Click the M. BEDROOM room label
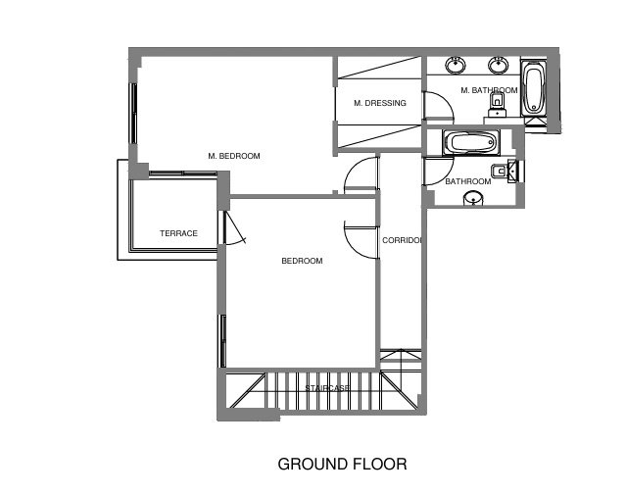point(234,156)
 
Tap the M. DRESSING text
point(380,103)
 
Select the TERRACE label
point(178,233)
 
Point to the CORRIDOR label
point(402,240)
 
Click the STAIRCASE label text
point(327,388)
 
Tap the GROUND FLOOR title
point(342,465)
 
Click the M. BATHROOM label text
point(489,90)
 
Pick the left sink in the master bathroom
point(456,65)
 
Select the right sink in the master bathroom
point(499,65)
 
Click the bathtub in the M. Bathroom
point(534,90)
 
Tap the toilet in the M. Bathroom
point(497,104)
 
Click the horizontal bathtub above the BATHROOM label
point(471,142)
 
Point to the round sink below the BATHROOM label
point(473,198)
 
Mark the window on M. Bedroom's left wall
point(133,114)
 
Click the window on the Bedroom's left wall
point(222,341)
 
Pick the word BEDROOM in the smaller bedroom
point(302,261)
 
